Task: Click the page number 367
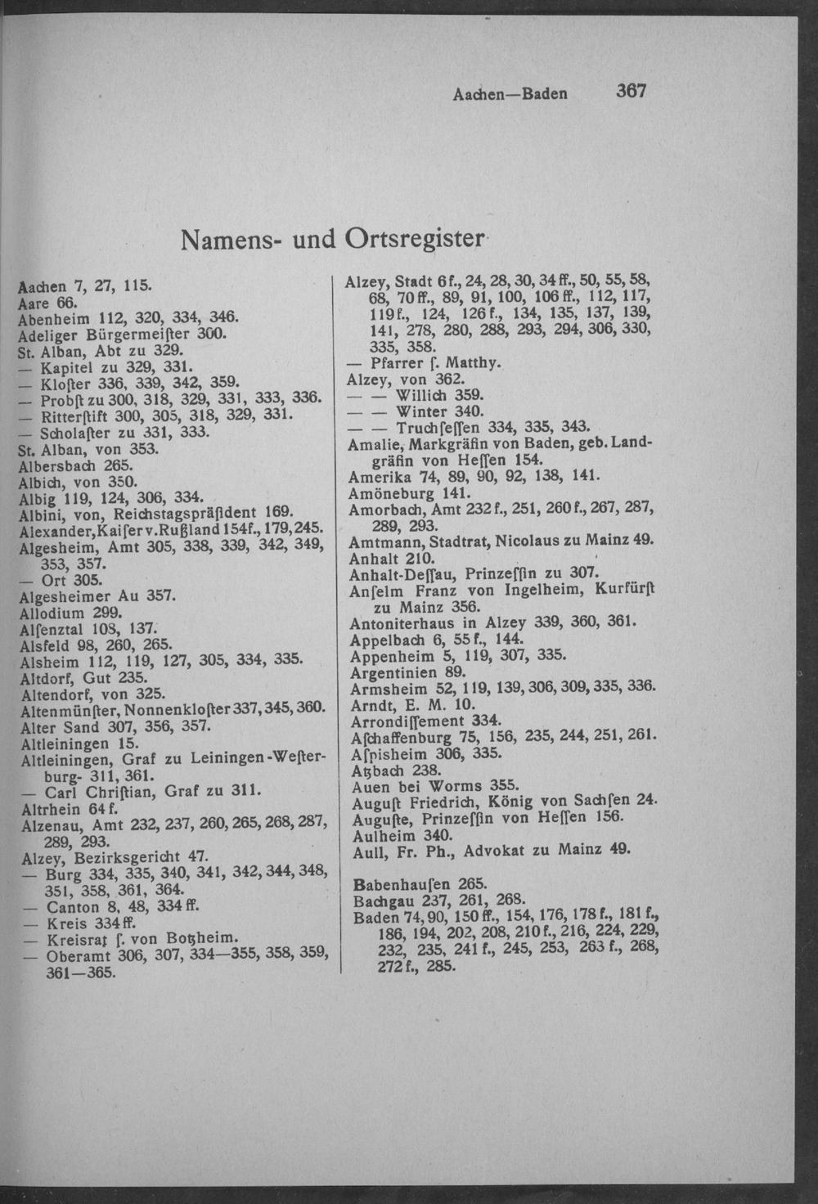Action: point(631,91)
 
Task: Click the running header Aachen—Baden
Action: point(510,93)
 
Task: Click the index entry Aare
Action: point(33,301)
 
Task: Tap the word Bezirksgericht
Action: point(132,857)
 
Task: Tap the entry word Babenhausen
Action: point(396,883)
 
